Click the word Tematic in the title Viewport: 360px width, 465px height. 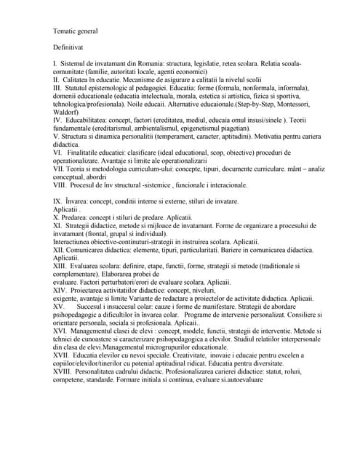[x=67, y=31]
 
